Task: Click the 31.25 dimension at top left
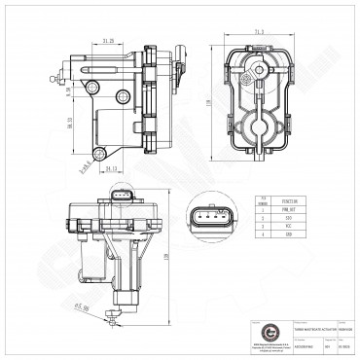pos(109,40)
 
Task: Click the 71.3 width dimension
pos(260,32)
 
